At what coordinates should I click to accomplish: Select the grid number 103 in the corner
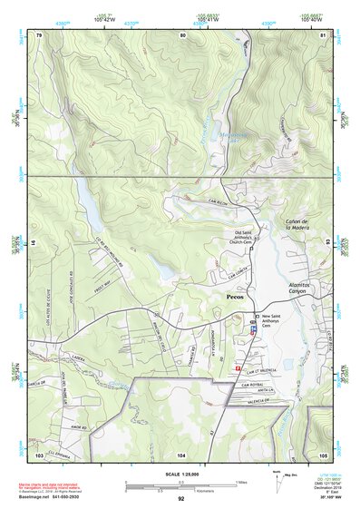pyautogui.click(x=40, y=454)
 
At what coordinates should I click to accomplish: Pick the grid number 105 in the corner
pyautogui.click(x=322, y=454)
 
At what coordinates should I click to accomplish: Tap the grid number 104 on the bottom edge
pyautogui.click(x=181, y=454)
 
